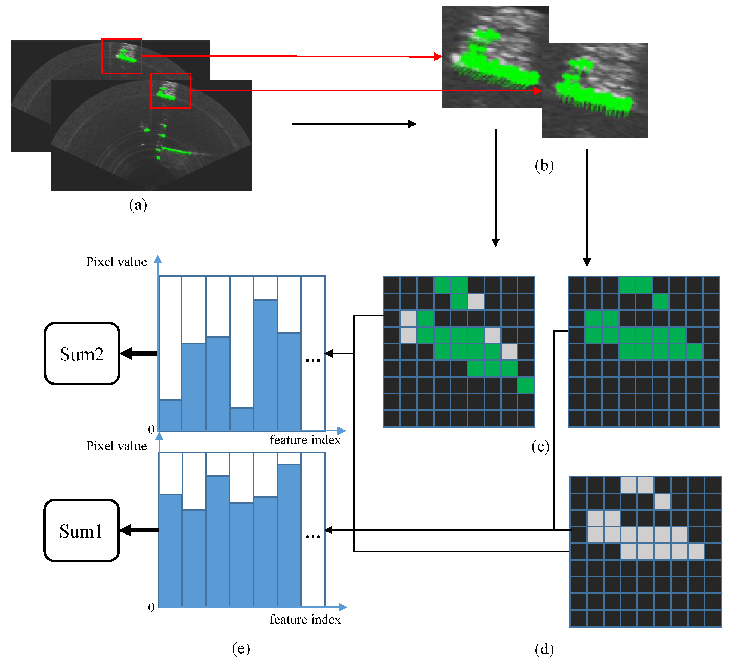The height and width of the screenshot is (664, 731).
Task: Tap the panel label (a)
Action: coord(138,205)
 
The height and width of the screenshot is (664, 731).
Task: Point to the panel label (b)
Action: coord(544,165)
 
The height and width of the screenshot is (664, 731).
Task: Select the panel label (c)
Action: coord(540,446)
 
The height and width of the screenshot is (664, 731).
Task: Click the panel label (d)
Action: coord(544,649)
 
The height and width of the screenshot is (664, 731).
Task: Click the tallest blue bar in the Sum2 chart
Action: coord(265,365)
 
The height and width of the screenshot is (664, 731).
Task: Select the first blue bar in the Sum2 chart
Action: coord(170,415)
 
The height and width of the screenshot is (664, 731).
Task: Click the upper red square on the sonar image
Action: coord(122,56)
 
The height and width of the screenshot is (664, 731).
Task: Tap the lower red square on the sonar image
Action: coord(171,91)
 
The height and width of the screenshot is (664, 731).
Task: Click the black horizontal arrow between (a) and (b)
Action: coord(354,124)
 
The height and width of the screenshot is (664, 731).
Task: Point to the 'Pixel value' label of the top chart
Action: coord(116,262)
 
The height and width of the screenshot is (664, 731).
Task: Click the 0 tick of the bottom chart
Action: coord(151,607)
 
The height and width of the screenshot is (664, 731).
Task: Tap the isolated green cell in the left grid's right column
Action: coord(526,385)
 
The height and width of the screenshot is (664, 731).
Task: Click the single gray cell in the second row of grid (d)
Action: coord(662,502)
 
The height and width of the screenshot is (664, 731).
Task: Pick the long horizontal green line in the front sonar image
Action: coord(176,150)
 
